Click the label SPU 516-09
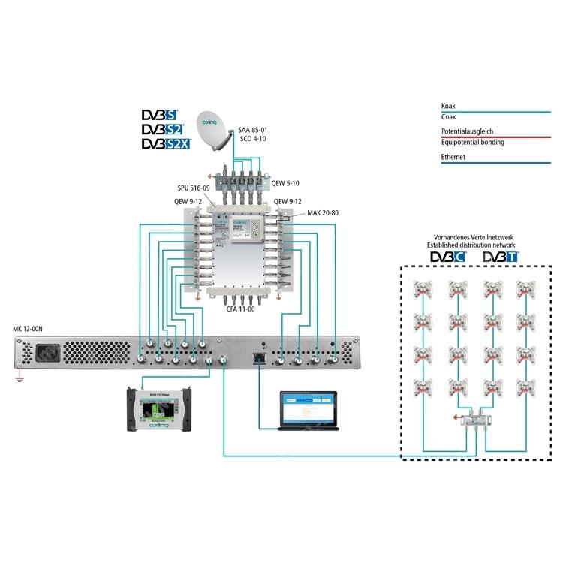point(194,191)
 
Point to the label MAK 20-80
point(324,213)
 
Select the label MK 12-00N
point(29,329)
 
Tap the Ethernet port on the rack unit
point(258,354)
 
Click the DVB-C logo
point(447,258)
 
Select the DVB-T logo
point(500,258)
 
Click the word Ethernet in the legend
point(453,157)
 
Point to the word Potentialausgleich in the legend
point(468,131)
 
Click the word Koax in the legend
point(449,107)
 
